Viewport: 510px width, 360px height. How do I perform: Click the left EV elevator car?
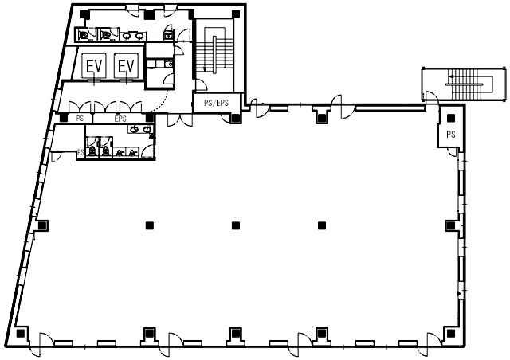click(94, 66)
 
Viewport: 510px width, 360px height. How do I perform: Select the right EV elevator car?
click(126, 66)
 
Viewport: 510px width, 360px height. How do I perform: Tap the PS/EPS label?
click(216, 103)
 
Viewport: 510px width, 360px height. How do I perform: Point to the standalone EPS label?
click(120, 119)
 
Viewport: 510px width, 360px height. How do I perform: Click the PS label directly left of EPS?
click(80, 119)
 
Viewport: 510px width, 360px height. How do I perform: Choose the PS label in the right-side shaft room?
click(451, 134)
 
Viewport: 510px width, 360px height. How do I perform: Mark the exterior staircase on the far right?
click(464, 84)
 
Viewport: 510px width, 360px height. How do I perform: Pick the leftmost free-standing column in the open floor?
click(149, 225)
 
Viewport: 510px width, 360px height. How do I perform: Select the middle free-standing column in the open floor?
click(236, 225)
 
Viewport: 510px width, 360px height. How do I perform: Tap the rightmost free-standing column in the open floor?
click(322, 225)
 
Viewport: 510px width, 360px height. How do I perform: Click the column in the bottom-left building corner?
click(21, 334)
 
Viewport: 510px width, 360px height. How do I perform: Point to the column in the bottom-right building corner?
click(450, 334)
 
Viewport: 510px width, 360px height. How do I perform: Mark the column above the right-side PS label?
click(451, 118)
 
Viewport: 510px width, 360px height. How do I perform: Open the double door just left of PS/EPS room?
click(180, 119)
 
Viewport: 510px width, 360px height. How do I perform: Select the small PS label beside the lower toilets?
click(80, 152)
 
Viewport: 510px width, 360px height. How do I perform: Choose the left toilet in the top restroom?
click(83, 34)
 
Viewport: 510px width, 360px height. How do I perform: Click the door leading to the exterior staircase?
click(432, 97)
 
